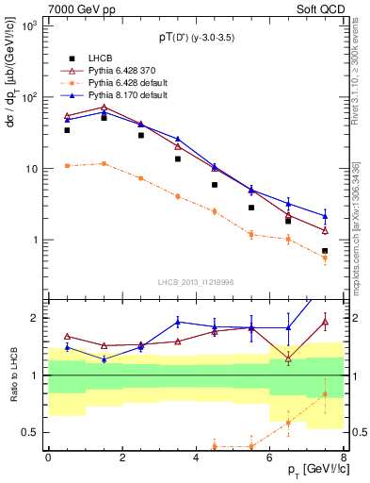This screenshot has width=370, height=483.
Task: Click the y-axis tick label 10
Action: [x=32, y=169]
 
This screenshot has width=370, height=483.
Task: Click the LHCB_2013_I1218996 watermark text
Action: [x=194, y=281]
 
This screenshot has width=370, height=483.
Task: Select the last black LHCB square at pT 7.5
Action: [x=325, y=251]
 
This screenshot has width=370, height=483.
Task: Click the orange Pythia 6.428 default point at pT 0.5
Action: [x=67, y=165]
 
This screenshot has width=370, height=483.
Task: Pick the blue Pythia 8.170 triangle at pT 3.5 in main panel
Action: [x=177, y=139]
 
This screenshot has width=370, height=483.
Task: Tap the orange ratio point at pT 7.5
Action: [x=325, y=393]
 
